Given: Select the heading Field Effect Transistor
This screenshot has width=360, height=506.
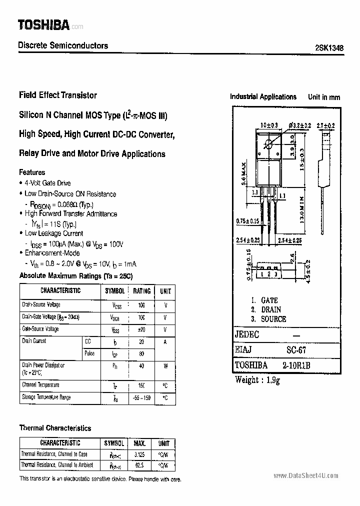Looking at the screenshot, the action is [57, 95].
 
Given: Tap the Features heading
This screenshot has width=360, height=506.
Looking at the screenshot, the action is [32, 172].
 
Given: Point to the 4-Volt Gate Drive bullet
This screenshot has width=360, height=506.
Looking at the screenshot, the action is [47, 183].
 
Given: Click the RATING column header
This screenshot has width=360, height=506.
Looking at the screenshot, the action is [141, 291].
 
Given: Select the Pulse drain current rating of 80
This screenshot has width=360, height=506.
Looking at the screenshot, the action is [141, 353].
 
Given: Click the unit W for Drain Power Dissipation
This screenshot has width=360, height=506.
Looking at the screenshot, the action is [165, 365].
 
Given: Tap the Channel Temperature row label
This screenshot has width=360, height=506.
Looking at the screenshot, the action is [40, 385].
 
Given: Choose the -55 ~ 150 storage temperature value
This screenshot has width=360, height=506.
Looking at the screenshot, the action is [141, 397].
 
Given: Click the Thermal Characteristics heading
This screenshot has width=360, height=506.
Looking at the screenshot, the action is [55, 428].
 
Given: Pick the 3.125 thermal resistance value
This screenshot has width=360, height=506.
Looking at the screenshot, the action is [139, 454].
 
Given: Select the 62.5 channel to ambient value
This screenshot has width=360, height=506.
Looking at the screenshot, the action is [139, 465].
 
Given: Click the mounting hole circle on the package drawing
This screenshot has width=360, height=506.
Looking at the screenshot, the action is [268, 145].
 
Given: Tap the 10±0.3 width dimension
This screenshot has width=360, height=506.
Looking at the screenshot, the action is [269, 125].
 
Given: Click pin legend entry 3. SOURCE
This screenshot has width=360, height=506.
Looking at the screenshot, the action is [268, 319].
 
